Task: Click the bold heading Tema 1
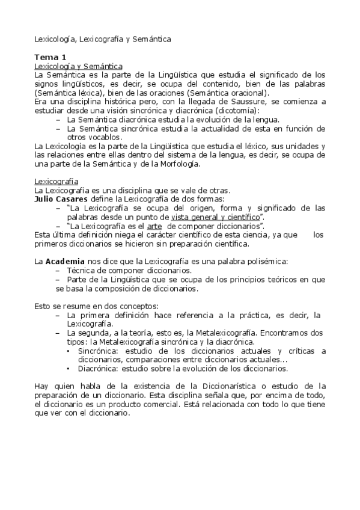[x=50, y=56]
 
